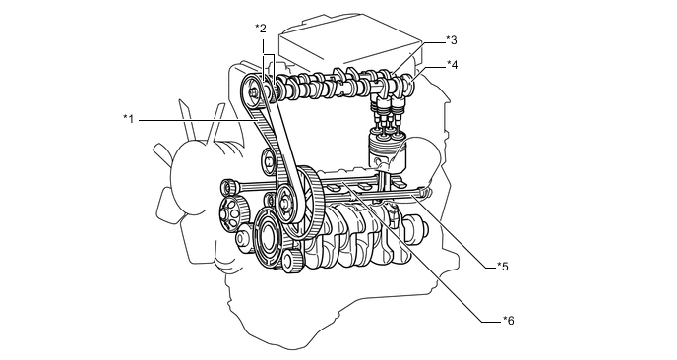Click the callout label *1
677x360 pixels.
(x=129, y=119)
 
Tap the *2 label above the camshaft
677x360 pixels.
(x=261, y=29)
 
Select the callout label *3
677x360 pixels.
(x=452, y=40)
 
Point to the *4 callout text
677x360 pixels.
(x=452, y=65)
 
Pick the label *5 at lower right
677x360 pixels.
(x=503, y=267)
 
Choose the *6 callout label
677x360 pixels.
(x=508, y=321)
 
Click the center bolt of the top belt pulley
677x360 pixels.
(x=253, y=91)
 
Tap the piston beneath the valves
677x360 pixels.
(x=388, y=153)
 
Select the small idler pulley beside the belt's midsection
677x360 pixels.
(x=268, y=161)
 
